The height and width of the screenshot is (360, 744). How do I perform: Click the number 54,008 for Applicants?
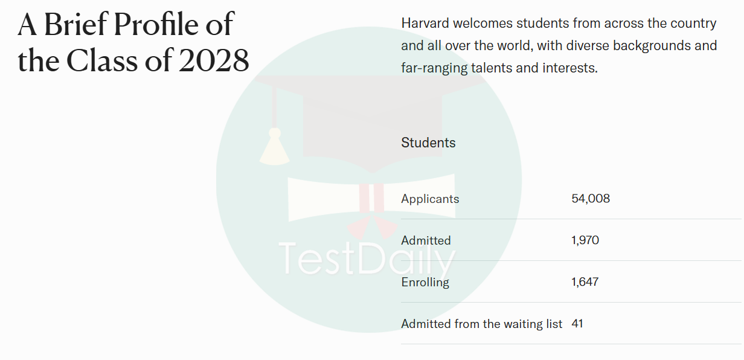591,199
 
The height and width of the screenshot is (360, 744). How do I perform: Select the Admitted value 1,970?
585,240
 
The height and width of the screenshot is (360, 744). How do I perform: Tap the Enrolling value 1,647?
585,282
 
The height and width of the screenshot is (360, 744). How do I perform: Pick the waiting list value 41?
577,324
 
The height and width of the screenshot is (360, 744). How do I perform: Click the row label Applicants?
430,199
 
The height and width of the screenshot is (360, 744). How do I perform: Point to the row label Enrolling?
425,282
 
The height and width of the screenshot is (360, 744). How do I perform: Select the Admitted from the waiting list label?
482,324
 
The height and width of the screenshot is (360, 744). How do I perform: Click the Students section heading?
429,143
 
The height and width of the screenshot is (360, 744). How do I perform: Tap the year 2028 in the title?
214,60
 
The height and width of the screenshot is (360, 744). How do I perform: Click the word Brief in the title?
76,24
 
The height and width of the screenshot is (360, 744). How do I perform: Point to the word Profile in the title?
156,24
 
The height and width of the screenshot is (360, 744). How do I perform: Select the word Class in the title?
102,60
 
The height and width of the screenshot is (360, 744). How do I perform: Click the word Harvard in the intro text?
425,23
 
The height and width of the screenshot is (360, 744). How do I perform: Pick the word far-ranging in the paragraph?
434,68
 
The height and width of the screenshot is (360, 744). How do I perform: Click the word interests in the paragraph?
570,68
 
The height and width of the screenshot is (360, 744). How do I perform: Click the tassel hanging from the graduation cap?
274,146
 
